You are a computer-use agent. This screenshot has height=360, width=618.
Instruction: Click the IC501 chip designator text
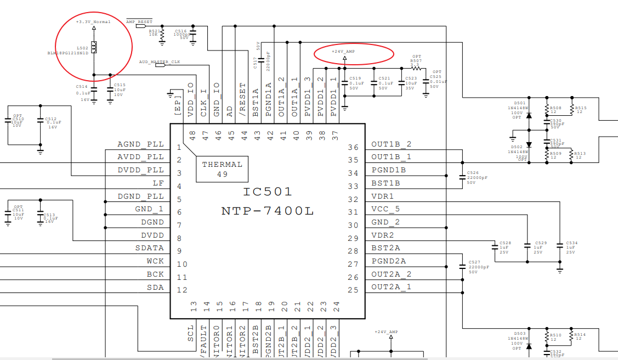[268, 192]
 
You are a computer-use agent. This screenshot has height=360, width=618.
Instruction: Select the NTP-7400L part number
[268, 211]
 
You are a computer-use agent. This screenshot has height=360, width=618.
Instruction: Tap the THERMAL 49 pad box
[222, 169]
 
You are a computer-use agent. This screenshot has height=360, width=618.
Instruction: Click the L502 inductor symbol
[94, 48]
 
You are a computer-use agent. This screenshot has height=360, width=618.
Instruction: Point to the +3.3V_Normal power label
[93, 22]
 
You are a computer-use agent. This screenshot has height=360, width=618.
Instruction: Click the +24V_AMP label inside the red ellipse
[343, 51]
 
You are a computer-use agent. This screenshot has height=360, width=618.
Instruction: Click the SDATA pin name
[150, 248]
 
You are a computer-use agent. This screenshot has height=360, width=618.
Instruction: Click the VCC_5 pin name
[385, 209]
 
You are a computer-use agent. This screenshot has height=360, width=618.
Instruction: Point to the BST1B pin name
[386, 183]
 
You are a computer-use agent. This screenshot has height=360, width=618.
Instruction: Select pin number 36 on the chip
[354, 147]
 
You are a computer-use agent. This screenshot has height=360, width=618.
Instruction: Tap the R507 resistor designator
[416, 61]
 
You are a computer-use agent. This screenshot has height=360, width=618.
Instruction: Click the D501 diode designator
[520, 103]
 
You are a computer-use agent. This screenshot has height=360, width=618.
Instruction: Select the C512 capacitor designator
[51, 119]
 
